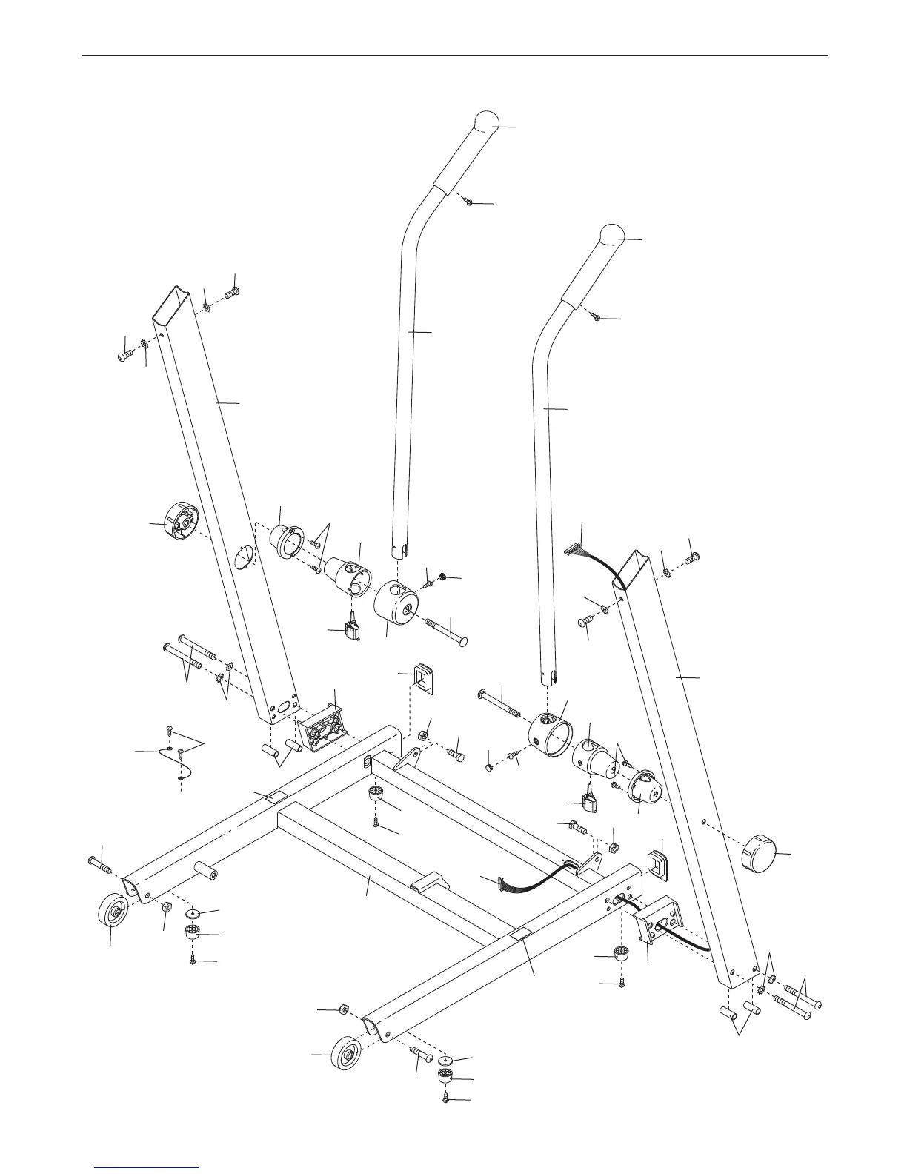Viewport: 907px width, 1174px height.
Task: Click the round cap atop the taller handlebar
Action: pyautogui.click(x=486, y=122)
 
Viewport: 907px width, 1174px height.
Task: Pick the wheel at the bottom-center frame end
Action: pyautogui.click(x=345, y=1055)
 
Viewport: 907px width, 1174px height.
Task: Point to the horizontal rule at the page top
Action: pyautogui.click(x=453, y=56)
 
